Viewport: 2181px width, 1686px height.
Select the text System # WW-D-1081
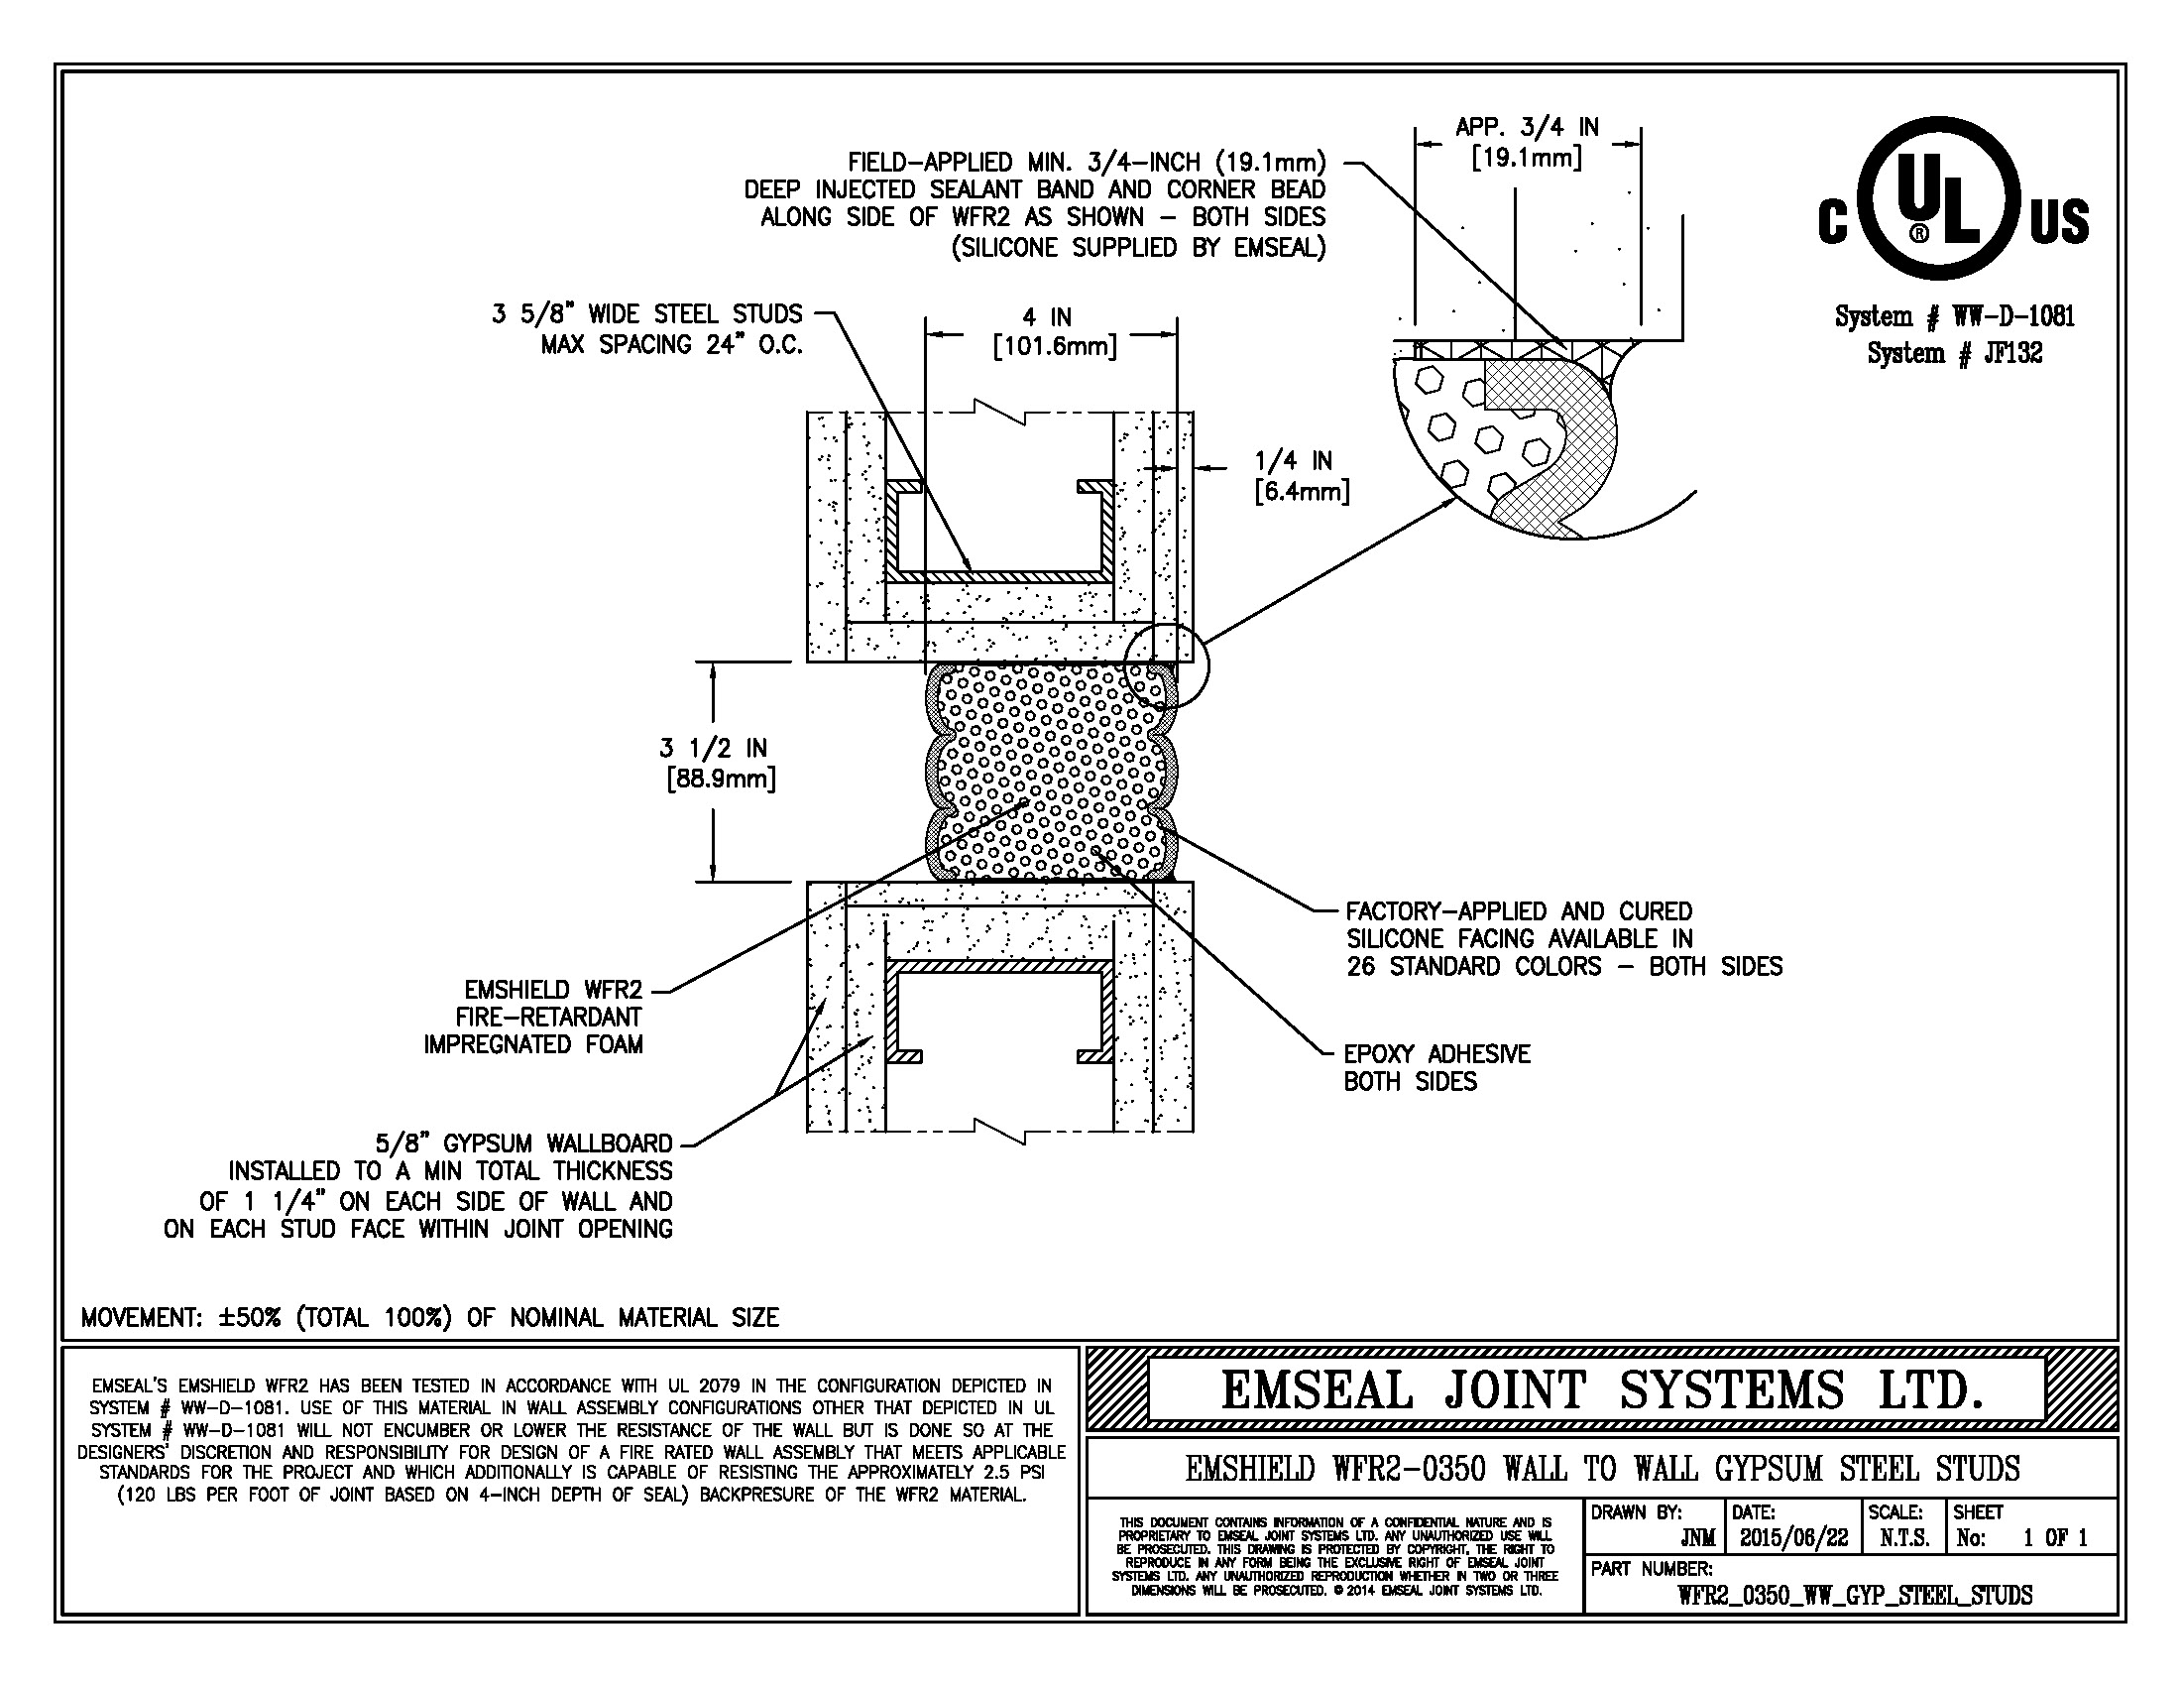(1954, 316)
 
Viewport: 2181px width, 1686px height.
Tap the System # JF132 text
(1954, 353)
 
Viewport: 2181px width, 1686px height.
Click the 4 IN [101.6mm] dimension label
(1054, 332)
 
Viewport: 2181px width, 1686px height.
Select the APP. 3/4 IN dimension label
(1527, 142)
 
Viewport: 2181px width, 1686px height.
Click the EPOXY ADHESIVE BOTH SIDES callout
(1436, 1068)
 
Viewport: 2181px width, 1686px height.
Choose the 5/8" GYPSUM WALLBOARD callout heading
(523, 1144)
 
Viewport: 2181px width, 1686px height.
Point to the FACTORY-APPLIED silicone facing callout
(1562, 939)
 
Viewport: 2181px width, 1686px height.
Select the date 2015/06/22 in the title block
(1793, 1538)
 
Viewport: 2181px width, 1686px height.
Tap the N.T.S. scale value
(1904, 1538)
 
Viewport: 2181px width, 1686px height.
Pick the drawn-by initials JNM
(1697, 1539)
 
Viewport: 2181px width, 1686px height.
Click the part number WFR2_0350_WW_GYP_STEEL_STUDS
(1855, 1595)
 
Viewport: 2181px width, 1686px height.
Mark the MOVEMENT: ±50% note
(429, 1317)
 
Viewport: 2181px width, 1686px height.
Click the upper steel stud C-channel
(998, 576)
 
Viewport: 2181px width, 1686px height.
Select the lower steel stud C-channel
(998, 967)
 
